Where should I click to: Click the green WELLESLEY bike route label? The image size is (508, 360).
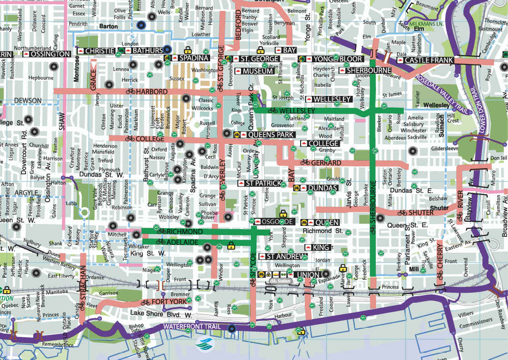pyautogui.click(x=291, y=110)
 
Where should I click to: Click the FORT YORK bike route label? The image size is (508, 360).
pyautogui.click(x=163, y=302)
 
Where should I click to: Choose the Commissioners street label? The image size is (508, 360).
pyautogui.click(x=475, y=325)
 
